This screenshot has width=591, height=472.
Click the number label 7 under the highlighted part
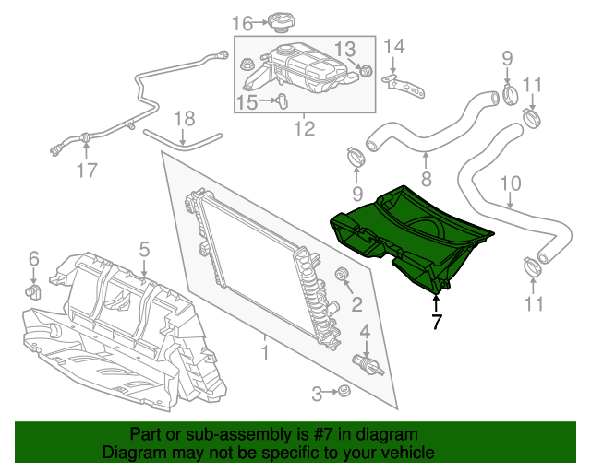coord(437,322)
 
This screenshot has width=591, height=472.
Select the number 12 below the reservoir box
coord(305,130)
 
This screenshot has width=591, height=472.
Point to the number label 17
coord(86,171)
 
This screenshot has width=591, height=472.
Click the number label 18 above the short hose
coord(185,118)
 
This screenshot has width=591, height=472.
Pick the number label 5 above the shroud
coord(144,249)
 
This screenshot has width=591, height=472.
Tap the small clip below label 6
coord(34,292)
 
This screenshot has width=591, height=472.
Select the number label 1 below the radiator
coord(265,351)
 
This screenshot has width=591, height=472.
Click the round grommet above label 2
coord(341,275)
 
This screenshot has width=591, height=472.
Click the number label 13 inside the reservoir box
coord(344,49)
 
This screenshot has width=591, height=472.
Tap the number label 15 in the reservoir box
coord(247,102)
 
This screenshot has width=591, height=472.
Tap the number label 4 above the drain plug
coord(366,331)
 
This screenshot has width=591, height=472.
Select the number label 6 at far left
coord(33,258)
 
